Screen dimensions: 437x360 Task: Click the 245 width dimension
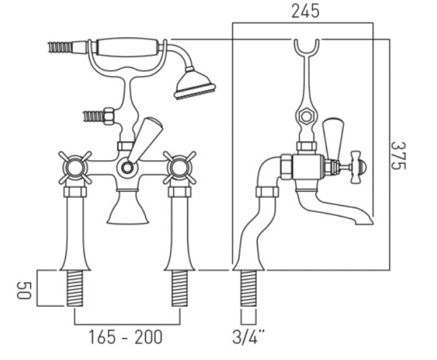pos(305,11)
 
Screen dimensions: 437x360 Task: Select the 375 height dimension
pos(398,155)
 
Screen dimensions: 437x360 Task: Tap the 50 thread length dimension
pos(24,291)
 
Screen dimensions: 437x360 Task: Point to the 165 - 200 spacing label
pos(125,337)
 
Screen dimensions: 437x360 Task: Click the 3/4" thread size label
pos(248,337)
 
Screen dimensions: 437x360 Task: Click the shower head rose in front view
pos(194,84)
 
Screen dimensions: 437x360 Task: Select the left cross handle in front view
pos(75,168)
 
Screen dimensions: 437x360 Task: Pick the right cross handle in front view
pos(180,168)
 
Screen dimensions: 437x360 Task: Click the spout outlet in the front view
pos(128,207)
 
